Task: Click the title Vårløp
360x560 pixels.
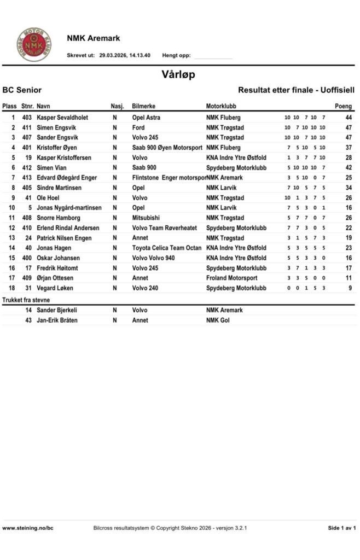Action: coord(178,74)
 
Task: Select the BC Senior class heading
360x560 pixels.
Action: coord(22,90)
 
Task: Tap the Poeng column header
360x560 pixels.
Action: coord(343,106)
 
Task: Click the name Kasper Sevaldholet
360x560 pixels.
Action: coord(62,118)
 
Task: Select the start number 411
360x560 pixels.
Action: coord(27,127)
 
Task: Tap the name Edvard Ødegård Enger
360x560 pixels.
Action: coord(67,178)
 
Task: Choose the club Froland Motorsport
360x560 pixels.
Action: coord(231,278)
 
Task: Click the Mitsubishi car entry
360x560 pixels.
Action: coord(146,218)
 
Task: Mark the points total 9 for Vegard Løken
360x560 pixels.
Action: coord(349,288)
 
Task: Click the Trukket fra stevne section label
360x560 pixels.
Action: coord(26,300)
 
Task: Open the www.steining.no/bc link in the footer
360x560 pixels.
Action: coord(28,528)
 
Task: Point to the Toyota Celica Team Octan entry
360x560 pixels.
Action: coord(167,248)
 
